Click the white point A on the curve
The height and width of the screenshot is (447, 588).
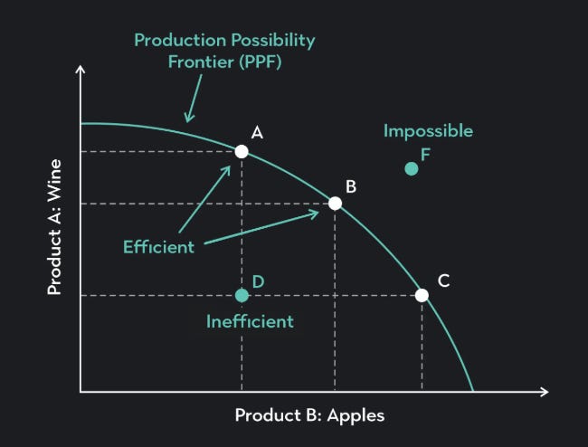click(x=242, y=151)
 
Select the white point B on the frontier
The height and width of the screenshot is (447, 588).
click(x=336, y=204)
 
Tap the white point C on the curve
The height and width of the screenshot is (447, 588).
click(x=422, y=295)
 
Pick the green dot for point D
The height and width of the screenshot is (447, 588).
click(x=242, y=296)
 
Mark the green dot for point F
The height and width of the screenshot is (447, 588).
click(x=412, y=168)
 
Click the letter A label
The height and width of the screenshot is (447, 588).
click(x=257, y=132)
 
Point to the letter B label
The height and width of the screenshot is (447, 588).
click(x=351, y=186)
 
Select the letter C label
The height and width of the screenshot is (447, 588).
click(x=443, y=281)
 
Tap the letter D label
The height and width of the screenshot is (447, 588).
click(x=259, y=281)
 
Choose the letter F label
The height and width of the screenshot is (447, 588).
click(x=425, y=155)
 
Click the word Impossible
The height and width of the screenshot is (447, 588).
click(x=428, y=131)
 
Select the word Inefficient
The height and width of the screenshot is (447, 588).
click(x=250, y=322)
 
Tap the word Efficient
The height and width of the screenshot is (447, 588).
click(x=158, y=247)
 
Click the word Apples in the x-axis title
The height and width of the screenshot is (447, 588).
click(x=356, y=416)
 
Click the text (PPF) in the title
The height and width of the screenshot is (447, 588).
click(x=261, y=62)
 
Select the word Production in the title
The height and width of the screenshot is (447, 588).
click(x=180, y=40)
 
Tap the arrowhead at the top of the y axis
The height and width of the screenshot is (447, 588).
click(x=81, y=69)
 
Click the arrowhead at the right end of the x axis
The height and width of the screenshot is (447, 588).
click(x=545, y=392)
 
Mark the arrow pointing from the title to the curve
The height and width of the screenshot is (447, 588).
click(x=194, y=99)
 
